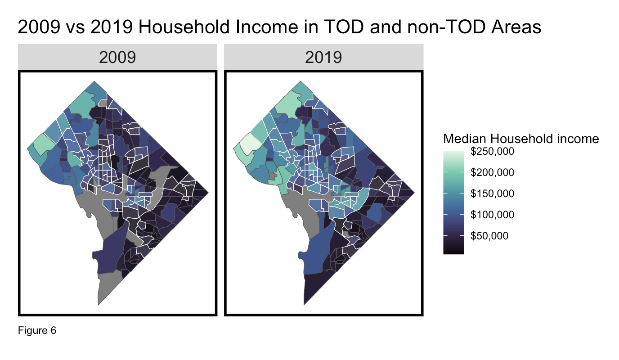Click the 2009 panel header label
[x=117, y=58]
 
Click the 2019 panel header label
[x=323, y=58]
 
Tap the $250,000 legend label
[x=493, y=152]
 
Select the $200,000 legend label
[x=493, y=172]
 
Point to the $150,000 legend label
[x=493, y=193]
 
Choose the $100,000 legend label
[x=493, y=215]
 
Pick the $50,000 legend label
[x=489, y=236]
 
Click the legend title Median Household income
[x=521, y=139]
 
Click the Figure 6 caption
[x=37, y=330]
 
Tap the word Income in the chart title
[x=267, y=27]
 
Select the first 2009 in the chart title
[x=39, y=27]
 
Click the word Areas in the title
[x=516, y=27]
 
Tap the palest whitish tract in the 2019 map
[x=250, y=142]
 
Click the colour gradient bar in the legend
[x=453, y=202]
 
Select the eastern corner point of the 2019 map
[x=414, y=193]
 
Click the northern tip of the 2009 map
[x=94, y=81]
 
